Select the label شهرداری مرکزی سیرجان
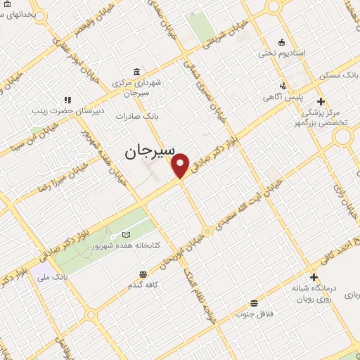coord(138,87)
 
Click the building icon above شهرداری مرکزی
coord(135,72)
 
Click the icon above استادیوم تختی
coord(282,41)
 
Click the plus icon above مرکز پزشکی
coord(321,101)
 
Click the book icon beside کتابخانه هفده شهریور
coord(127,235)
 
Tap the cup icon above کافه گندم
coord(143,274)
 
